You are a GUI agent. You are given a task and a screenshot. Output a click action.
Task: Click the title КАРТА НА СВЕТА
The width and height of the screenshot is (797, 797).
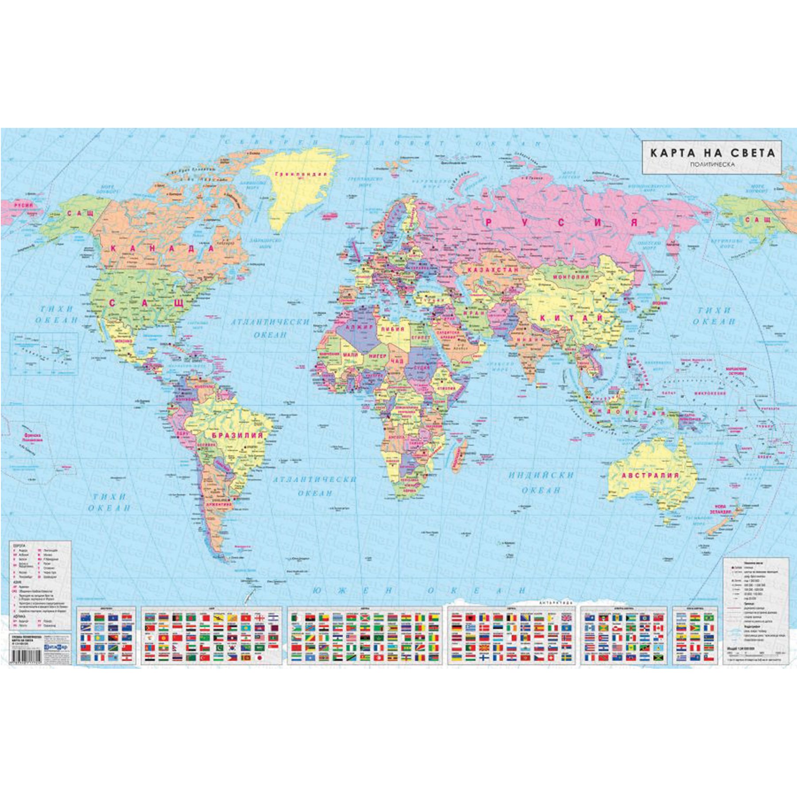[712, 153]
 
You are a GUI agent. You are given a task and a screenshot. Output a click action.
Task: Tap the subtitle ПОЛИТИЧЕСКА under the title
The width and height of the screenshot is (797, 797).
[712, 165]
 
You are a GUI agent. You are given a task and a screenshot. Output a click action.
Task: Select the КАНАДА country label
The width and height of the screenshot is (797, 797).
[162, 248]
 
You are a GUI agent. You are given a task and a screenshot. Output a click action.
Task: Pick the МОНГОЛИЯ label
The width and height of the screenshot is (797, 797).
[571, 277]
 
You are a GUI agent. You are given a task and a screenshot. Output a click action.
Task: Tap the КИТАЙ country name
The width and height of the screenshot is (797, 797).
[571, 318]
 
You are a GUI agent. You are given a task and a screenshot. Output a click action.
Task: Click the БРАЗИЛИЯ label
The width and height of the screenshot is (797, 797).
[237, 435]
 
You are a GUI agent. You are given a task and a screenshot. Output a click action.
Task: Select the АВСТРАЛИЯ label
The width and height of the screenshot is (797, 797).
[650, 476]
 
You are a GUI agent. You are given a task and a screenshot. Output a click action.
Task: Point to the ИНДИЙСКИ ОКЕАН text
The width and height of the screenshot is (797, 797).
[541, 482]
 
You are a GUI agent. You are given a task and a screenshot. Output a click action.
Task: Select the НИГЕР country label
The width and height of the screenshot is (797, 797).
[377, 356]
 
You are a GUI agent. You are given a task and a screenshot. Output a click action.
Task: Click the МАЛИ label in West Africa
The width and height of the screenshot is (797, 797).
[350, 355]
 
